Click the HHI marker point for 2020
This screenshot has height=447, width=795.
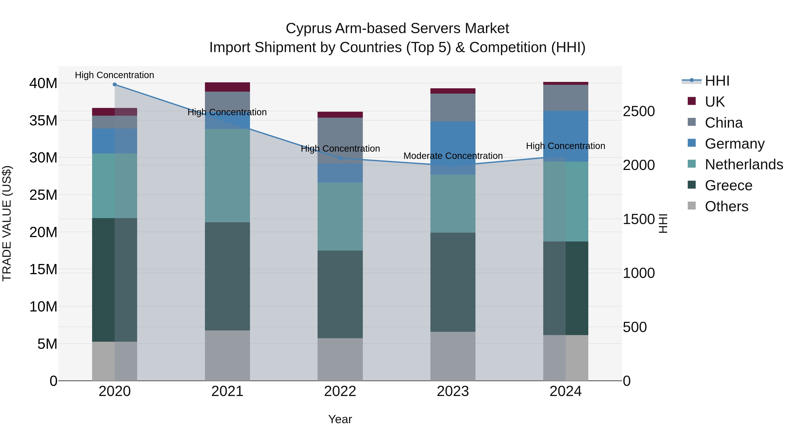pyautogui.click(x=114, y=85)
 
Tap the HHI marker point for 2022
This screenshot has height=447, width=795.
pyautogui.click(x=340, y=158)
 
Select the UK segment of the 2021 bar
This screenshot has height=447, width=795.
pyautogui.click(x=227, y=87)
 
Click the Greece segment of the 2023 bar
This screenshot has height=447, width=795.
pyautogui.click(x=453, y=282)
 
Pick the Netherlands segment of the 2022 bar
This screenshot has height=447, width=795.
pyautogui.click(x=340, y=216)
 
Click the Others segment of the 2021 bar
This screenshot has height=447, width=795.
pyautogui.click(x=227, y=355)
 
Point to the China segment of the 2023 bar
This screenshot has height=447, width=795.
pyautogui.click(x=453, y=107)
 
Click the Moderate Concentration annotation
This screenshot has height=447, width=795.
pyautogui.click(x=453, y=156)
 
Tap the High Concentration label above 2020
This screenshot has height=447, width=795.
pyautogui.click(x=114, y=75)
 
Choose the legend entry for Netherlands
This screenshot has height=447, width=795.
pyautogui.click(x=744, y=164)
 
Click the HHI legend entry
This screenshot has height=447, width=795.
pyautogui.click(x=717, y=81)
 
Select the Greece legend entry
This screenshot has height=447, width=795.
pyautogui.click(x=728, y=185)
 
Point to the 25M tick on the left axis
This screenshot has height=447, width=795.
pyautogui.click(x=43, y=195)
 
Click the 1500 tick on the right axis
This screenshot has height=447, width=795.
pyautogui.click(x=638, y=219)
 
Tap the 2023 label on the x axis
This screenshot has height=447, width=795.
pyautogui.click(x=453, y=391)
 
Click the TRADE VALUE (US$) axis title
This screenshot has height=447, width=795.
pyautogui.click(x=7, y=223)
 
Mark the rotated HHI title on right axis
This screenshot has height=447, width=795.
pyautogui.click(x=663, y=223)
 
